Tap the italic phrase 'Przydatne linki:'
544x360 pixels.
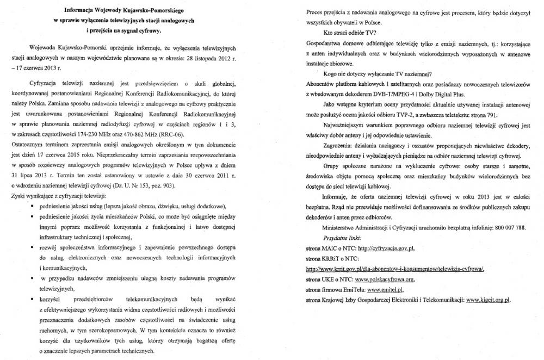click(x=341, y=238)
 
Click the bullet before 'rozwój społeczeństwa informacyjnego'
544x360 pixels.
click(x=40, y=248)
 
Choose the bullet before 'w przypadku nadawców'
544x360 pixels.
click(x=40, y=278)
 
